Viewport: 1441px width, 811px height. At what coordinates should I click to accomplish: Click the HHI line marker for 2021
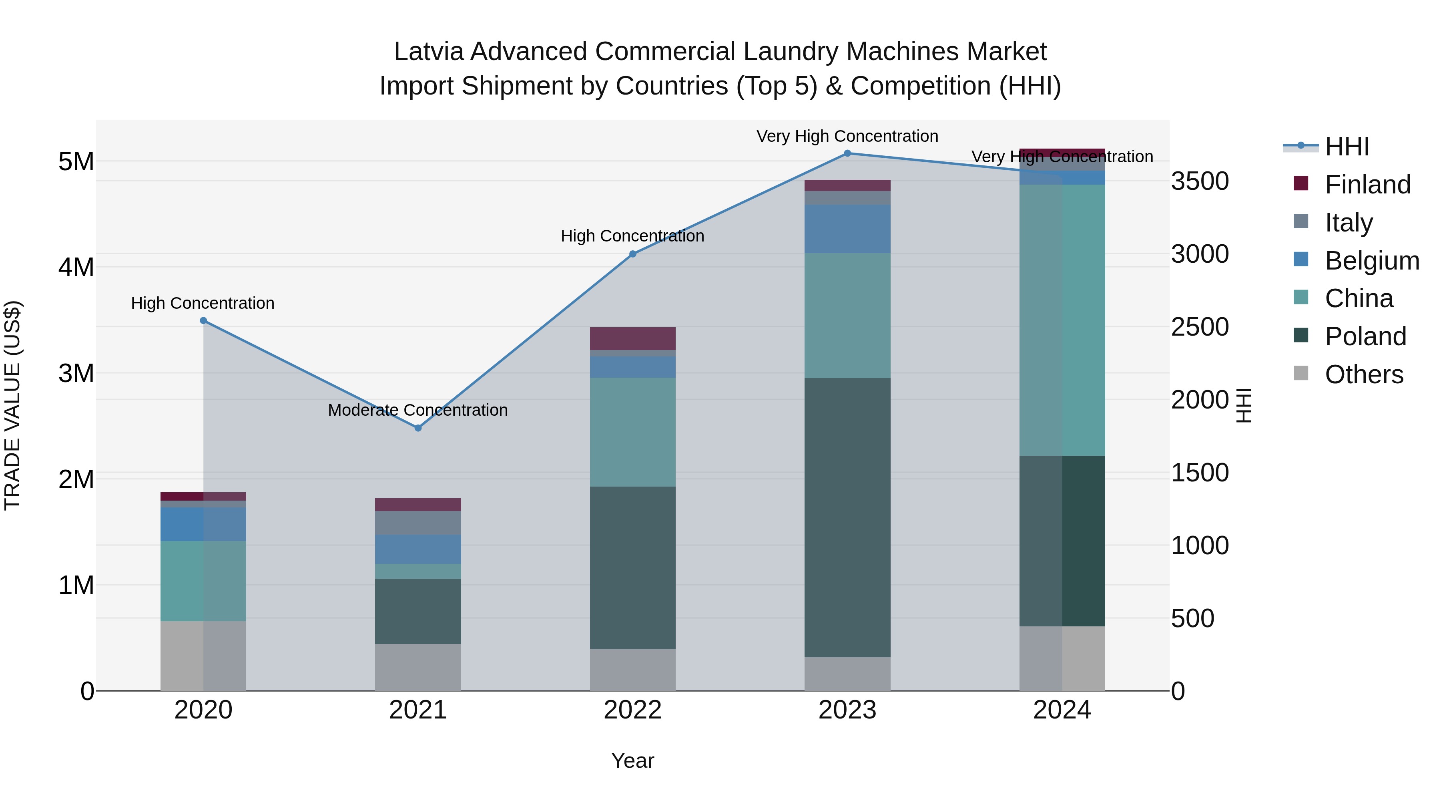418,428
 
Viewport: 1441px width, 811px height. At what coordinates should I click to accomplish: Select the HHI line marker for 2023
847,153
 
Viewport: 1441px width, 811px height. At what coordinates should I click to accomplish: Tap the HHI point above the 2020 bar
204,321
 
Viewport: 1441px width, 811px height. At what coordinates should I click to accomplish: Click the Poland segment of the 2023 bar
847,518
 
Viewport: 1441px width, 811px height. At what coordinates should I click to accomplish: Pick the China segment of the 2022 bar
633,432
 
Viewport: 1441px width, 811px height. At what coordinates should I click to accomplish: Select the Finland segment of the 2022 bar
633,338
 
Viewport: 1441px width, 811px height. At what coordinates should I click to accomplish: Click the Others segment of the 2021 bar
418,667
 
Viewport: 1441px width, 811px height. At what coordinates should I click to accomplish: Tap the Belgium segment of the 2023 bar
847,229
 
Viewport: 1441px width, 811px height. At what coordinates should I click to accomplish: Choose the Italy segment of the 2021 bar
418,523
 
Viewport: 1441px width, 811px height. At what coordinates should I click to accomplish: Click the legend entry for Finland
1367,185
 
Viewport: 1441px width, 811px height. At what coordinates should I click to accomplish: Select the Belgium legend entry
1372,261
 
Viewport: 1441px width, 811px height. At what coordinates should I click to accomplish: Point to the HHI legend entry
1347,147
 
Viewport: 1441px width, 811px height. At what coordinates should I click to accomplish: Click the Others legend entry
1364,374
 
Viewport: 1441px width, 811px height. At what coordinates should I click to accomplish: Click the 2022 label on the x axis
633,710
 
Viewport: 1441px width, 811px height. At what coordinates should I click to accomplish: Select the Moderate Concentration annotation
418,410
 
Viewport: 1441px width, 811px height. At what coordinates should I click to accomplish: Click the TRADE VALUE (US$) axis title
12,405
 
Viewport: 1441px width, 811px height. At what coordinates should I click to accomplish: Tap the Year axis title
633,761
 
